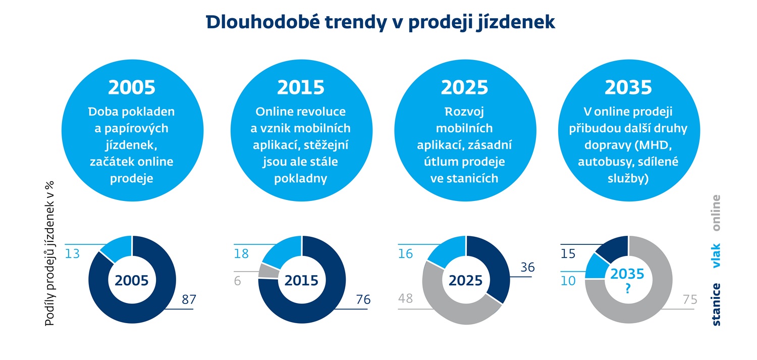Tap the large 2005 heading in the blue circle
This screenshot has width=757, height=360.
click(132, 87)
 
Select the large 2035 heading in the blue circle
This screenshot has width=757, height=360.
click(628, 87)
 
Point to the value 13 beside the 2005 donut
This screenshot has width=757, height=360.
click(72, 253)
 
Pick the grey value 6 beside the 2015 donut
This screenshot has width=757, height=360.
click(237, 281)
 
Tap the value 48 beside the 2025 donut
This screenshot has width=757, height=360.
click(405, 298)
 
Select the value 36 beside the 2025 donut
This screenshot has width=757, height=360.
click(527, 268)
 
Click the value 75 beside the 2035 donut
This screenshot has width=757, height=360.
click(689, 300)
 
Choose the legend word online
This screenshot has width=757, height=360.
click(716, 213)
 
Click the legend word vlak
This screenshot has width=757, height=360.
click(716, 255)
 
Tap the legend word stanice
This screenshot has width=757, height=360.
click(716, 304)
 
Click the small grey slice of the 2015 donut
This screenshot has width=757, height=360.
click(263, 271)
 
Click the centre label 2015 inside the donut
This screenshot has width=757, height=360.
click(301, 281)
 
